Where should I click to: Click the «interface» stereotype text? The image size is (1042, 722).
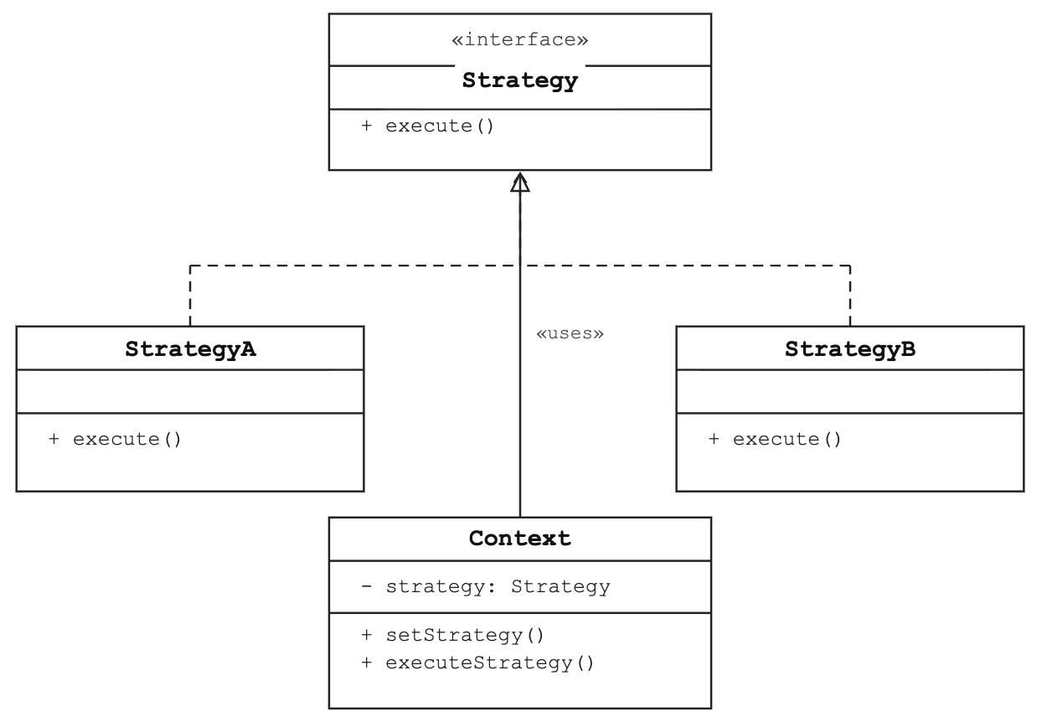[x=519, y=39]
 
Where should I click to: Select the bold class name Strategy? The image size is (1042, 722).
[x=519, y=80]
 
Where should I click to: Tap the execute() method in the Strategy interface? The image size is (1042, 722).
[x=427, y=126]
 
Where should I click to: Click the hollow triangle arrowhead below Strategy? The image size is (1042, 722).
[x=520, y=182]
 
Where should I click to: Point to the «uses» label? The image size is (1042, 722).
[x=570, y=333]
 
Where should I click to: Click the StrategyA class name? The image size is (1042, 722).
[x=190, y=349]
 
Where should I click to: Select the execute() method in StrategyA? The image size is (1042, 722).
[x=115, y=439]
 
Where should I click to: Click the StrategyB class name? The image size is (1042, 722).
[x=850, y=349]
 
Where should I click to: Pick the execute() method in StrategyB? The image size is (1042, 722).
[x=775, y=439]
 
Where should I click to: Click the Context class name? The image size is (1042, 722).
[x=519, y=539]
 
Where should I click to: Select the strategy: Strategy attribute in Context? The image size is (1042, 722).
[x=486, y=586]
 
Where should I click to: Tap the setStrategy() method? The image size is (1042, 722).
[x=452, y=635]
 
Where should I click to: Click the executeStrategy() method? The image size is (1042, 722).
[x=477, y=663]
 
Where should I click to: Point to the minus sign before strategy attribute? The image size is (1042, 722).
[x=367, y=586]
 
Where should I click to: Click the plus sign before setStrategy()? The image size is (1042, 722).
[x=367, y=635]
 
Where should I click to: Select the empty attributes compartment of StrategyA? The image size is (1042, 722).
[x=190, y=392]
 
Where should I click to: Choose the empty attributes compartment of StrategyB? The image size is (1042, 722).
[x=850, y=392]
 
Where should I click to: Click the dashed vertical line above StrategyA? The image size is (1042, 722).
[x=190, y=296]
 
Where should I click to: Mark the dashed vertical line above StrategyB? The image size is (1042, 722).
[x=850, y=296]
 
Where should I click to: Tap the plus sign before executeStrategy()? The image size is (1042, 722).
[x=367, y=663]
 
